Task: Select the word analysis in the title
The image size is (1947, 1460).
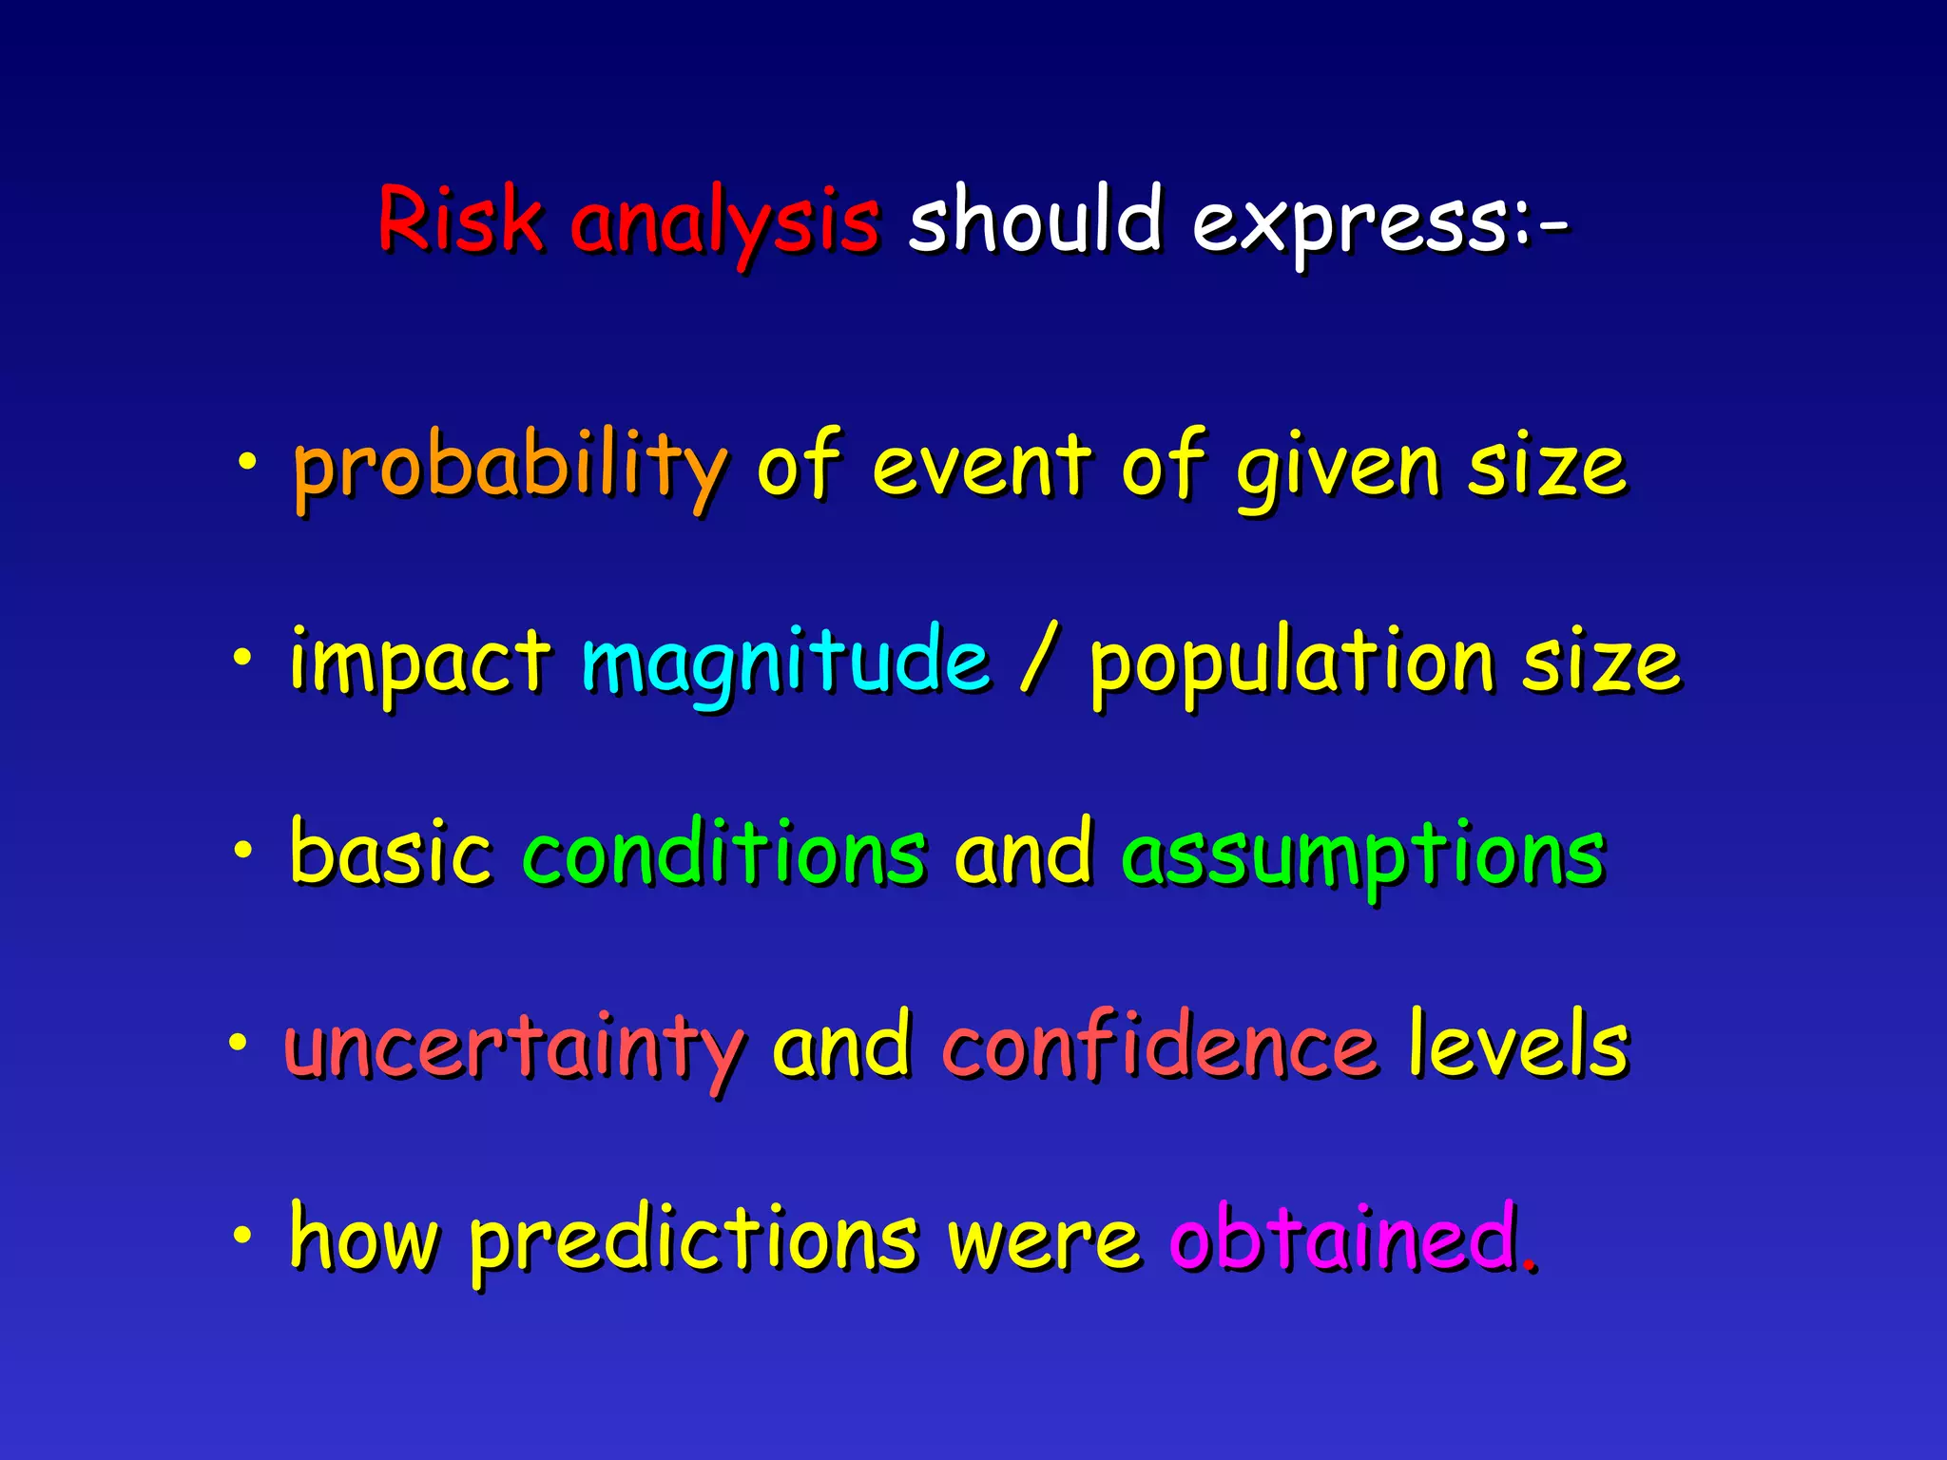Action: [x=724, y=224]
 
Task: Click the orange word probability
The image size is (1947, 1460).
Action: [x=511, y=469]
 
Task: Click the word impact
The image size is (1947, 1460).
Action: [x=420, y=663]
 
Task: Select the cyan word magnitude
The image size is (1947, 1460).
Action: [x=785, y=663]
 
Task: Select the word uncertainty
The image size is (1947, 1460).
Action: [x=513, y=1049]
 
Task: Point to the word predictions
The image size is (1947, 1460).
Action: [x=694, y=1239]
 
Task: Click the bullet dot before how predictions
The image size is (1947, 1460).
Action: [x=243, y=1236]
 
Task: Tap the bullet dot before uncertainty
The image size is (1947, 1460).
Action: [x=238, y=1044]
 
